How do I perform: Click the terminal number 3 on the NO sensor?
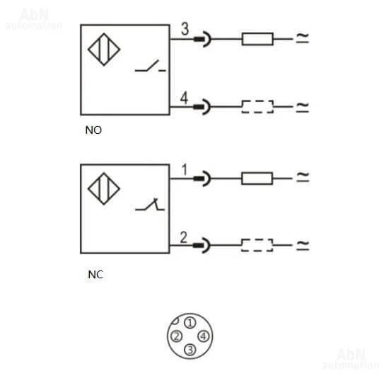[x=185, y=29]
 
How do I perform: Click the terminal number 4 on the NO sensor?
[x=184, y=98]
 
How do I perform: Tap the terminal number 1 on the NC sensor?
[x=185, y=169]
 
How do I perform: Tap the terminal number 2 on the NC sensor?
[x=184, y=237]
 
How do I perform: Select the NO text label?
[x=93, y=130]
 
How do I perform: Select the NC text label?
[x=95, y=275]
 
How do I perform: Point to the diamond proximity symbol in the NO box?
[x=104, y=50]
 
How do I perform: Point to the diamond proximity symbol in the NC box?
[x=104, y=188]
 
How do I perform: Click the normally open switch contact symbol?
[x=151, y=67]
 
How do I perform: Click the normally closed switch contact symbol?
[x=150, y=205]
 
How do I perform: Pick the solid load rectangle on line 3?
[x=257, y=39]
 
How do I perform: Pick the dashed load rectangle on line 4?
[x=257, y=107]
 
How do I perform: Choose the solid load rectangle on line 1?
[x=257, y=178]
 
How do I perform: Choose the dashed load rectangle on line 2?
[x=257, y=245]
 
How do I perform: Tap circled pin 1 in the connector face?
[x=190, y=323]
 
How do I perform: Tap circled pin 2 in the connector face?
[x=176, y=336]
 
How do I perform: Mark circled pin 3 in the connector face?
[x=190, y=350]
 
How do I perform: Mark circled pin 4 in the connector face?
[x=204, y=336]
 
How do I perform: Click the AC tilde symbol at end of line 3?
[x=303, y=38]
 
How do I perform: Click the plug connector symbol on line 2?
[x=202, y=245]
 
